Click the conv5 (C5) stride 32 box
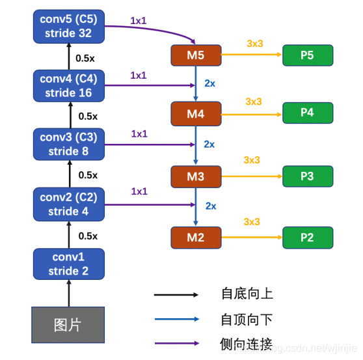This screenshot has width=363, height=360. (68, 26)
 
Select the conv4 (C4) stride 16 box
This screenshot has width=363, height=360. (68, 86)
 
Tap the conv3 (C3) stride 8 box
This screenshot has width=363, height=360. (68, 145)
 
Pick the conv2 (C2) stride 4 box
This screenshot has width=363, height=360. (68, 204)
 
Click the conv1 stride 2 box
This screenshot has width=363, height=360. (68, 263)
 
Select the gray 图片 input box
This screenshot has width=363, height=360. (68, 324)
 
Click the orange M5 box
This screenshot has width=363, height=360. (196, 55)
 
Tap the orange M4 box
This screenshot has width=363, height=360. (196, 114)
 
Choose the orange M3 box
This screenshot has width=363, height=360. (196, 176)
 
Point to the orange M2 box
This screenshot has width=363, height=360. (196, 238)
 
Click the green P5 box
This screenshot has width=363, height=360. (308, 55)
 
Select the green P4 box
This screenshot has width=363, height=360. (308, 113)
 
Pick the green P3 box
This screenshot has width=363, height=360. (308, 176)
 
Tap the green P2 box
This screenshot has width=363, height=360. (308, 238)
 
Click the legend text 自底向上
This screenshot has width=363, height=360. (247, 294)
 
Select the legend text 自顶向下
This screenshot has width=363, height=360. (247, 319)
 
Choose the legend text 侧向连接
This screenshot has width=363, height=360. (247, 343)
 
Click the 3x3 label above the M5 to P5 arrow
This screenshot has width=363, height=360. (254, 44)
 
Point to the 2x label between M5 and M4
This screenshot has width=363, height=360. (210, 84)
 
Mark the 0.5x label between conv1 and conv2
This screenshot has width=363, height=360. (87, 236)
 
